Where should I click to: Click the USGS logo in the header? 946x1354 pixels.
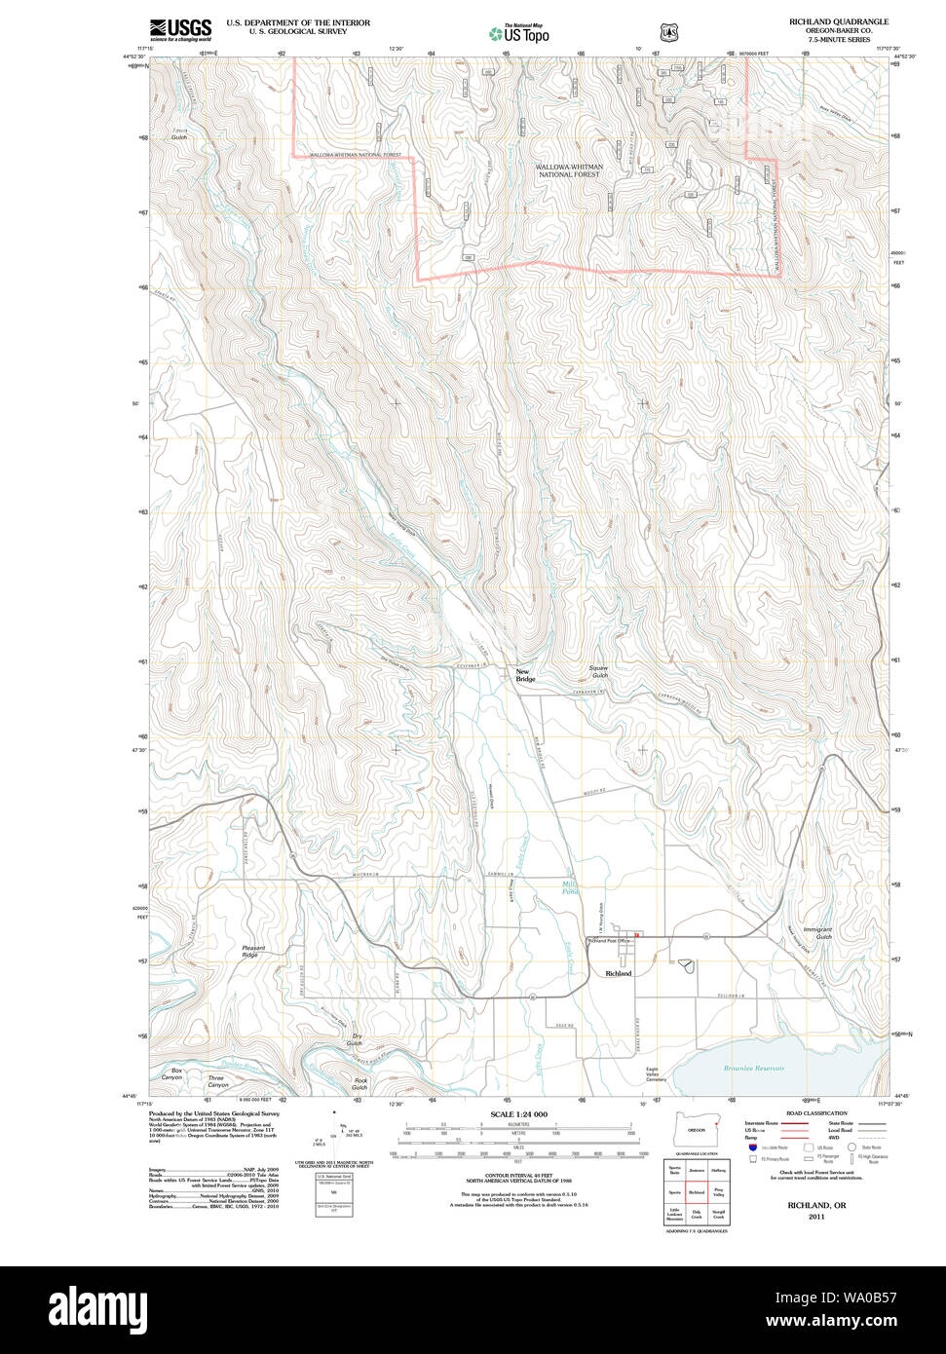(180, 29)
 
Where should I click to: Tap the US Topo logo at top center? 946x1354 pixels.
(519, 32)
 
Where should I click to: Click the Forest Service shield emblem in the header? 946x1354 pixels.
(669, 32)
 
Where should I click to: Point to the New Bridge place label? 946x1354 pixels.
(525, 675)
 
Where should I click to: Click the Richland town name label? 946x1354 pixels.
(618, 973)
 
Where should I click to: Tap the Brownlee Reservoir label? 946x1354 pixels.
(753, 1069)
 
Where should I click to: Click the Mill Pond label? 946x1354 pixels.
(570, 887)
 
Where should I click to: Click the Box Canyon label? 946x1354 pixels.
(170, 1074)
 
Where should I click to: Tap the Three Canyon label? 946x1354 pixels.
(216, 1081)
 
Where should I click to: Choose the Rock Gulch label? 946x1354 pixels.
(360, 1083)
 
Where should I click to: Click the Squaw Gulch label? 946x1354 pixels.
(598, 672)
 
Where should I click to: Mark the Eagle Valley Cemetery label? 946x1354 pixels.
(658, 1074)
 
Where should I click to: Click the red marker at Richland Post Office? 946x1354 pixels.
(635, 936)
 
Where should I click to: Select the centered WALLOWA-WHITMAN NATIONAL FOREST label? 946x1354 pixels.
(569, 170)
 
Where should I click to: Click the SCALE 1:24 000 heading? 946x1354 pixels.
(518, 1114)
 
